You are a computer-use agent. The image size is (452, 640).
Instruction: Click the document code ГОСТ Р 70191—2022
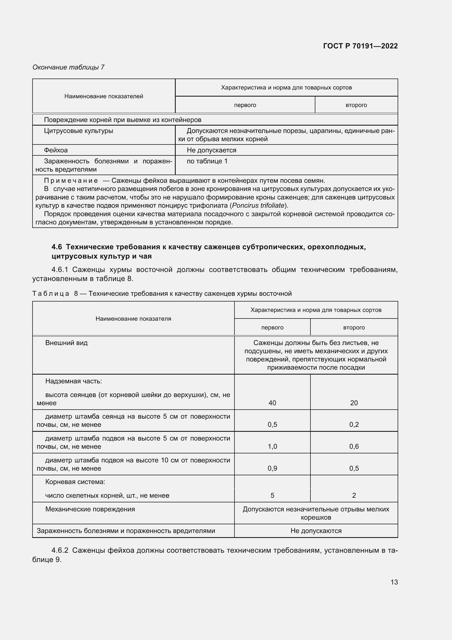(360, 46)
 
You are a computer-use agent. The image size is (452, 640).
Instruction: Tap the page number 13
(394, 582)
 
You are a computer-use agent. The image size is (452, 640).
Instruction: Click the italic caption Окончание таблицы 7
(68, 67)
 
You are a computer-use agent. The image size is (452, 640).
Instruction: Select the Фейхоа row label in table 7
(56, 150)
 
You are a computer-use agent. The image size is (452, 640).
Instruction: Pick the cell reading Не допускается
(211, 150)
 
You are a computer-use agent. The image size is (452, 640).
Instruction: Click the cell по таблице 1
(207, 161)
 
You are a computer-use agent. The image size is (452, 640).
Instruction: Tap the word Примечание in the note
(71, 181)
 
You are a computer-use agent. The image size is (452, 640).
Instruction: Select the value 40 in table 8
(272, 403)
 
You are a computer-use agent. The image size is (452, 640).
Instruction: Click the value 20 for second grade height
(354, 403)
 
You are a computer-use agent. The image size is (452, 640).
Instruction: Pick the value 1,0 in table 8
(272, 447)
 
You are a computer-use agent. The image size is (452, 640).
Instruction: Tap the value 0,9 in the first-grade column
(272, 468)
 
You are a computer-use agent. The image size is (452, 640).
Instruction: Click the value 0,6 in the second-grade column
(354, 447)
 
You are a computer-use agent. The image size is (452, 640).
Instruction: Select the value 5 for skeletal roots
(272, 495)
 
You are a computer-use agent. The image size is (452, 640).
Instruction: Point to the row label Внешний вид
(66, 343)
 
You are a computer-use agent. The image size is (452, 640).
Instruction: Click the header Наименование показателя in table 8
(133, 318)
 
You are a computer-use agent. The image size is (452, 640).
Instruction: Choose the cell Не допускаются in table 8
(316, 531)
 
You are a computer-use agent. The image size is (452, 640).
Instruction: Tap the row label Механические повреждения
(90, 509)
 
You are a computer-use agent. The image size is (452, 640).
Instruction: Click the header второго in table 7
(356, 105)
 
